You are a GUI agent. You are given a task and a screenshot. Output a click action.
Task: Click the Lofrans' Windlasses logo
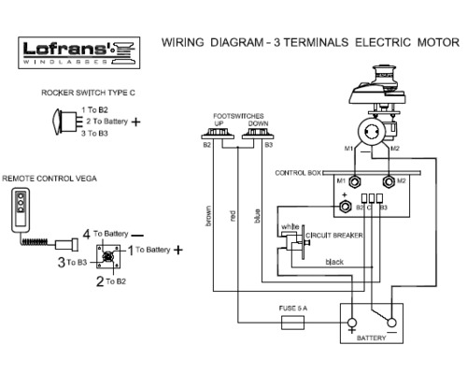click(79, 52)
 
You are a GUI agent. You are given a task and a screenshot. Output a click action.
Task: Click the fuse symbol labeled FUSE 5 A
click(292, 323)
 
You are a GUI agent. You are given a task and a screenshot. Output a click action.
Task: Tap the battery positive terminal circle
click(352, 323)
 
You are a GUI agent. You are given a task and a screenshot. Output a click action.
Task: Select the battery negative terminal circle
click(391, 323)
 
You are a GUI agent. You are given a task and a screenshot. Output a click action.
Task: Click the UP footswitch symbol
click(218, 135)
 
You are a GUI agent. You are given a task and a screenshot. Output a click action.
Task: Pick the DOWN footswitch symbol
click(258, 135)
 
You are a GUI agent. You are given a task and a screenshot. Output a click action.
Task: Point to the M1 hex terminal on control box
click(354, 181)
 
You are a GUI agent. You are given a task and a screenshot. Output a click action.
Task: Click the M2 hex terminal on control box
click(389, 181)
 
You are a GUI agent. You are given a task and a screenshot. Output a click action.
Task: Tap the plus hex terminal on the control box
click(345, 207)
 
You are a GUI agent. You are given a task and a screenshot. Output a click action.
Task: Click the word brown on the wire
click(208, 215)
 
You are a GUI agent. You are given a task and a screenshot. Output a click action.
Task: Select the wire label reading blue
click(257, 216)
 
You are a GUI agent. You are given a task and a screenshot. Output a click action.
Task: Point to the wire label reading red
click(233, 216)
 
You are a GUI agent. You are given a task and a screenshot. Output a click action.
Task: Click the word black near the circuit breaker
click(334, 262)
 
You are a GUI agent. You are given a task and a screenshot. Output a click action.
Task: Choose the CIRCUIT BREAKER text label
click(334, 236)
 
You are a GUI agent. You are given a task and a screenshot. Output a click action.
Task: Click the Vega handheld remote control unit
click(21, 210)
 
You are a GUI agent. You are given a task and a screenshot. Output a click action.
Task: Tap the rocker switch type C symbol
click(67, 122)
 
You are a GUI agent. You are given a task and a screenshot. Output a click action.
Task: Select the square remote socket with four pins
click(108, 256)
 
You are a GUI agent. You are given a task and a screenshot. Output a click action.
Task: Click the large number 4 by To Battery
click(87, 234)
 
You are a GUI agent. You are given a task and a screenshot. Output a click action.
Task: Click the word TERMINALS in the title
click(316, 42)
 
